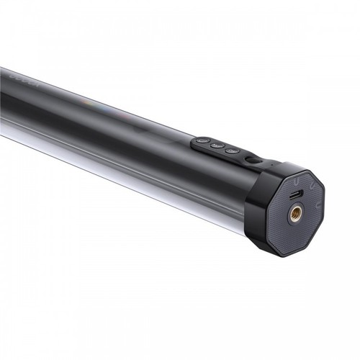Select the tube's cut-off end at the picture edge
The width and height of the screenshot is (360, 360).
pos(3,101)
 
